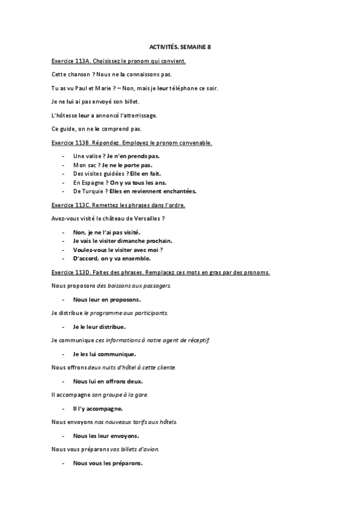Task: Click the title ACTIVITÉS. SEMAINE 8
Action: pyautogui.click(x=180, y=46)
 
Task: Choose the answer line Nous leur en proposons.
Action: pyautogui.click(x=107, y=299)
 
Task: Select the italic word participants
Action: pyautogui.click(x=149, y=313)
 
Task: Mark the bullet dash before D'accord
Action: pyautogui.click(x=63, y=259)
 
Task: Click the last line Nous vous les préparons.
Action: pyautogui.click(x=108, y=463)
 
